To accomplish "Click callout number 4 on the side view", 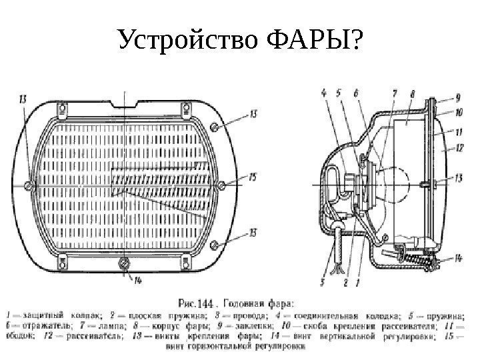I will coord(324,94).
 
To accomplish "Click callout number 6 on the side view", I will coord(357,94).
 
